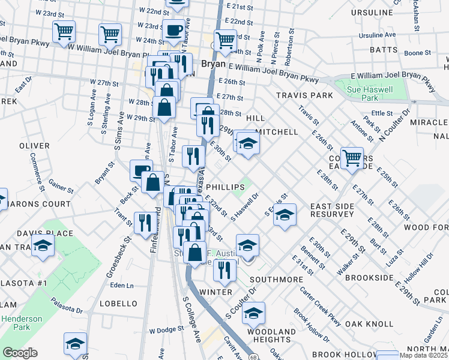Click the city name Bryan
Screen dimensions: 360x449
coord(213,63)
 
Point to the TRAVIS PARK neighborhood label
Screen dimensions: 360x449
coord(304,95)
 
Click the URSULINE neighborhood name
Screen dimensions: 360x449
coord(372,12)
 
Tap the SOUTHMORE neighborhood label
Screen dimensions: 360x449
coord(276,280)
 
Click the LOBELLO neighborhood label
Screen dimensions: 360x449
coord(118,304)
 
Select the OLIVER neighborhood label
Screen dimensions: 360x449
coord(34,146)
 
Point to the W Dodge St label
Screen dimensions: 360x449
coord(166,330)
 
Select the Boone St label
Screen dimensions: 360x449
coord(414,53)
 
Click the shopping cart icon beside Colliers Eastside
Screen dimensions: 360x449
coord(352,158)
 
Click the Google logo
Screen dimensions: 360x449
coord(19,353)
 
